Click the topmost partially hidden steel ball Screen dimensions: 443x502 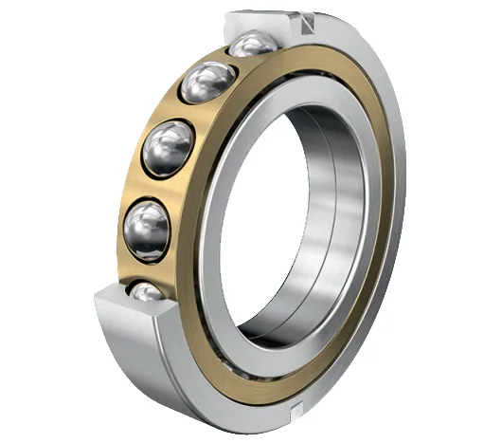click(x=253, y=44)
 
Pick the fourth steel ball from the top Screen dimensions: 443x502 click(x=147, y=225)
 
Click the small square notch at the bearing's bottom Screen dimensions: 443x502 click(x=297, y=409)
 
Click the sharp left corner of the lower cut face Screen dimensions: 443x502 click(x=97, y=296)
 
